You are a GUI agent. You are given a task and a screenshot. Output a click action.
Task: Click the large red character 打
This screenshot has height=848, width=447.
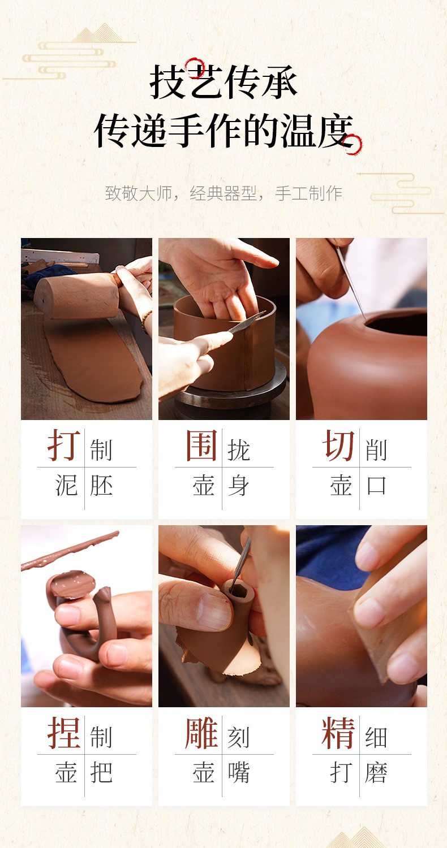pyautogui.click(x=63, y=445)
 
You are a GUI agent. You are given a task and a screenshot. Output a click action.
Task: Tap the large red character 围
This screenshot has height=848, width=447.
pyautogui.click(x=201, y=445)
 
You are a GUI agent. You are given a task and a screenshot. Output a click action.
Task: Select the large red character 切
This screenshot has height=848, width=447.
pyautogui.click(x=339, y=445)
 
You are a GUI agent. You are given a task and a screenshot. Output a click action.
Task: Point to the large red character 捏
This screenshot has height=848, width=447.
pyautogui.click(x=63, y=733)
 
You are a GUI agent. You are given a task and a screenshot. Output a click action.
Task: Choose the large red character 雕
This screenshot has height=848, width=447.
pyautogui.click(x=201, y=733)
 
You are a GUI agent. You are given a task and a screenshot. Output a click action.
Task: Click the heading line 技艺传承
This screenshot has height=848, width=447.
pyautogui.click(x=223, y=82)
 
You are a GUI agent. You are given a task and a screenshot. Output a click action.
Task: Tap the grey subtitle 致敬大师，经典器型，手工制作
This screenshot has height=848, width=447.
pyautogui.click(x=223, y=193)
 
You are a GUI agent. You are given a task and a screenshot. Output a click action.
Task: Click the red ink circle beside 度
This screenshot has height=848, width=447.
pyautogui.click(x=353, y=144)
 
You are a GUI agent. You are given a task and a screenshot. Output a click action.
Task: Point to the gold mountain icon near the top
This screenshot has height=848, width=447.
pyautogui.click(x=98, y=33)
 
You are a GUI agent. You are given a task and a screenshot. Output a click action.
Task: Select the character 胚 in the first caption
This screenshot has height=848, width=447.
pyautogui.click(x=101, y=485)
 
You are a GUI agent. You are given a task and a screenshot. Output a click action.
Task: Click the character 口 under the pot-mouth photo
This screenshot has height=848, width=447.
pyautogui.click(x=376, y=485)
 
